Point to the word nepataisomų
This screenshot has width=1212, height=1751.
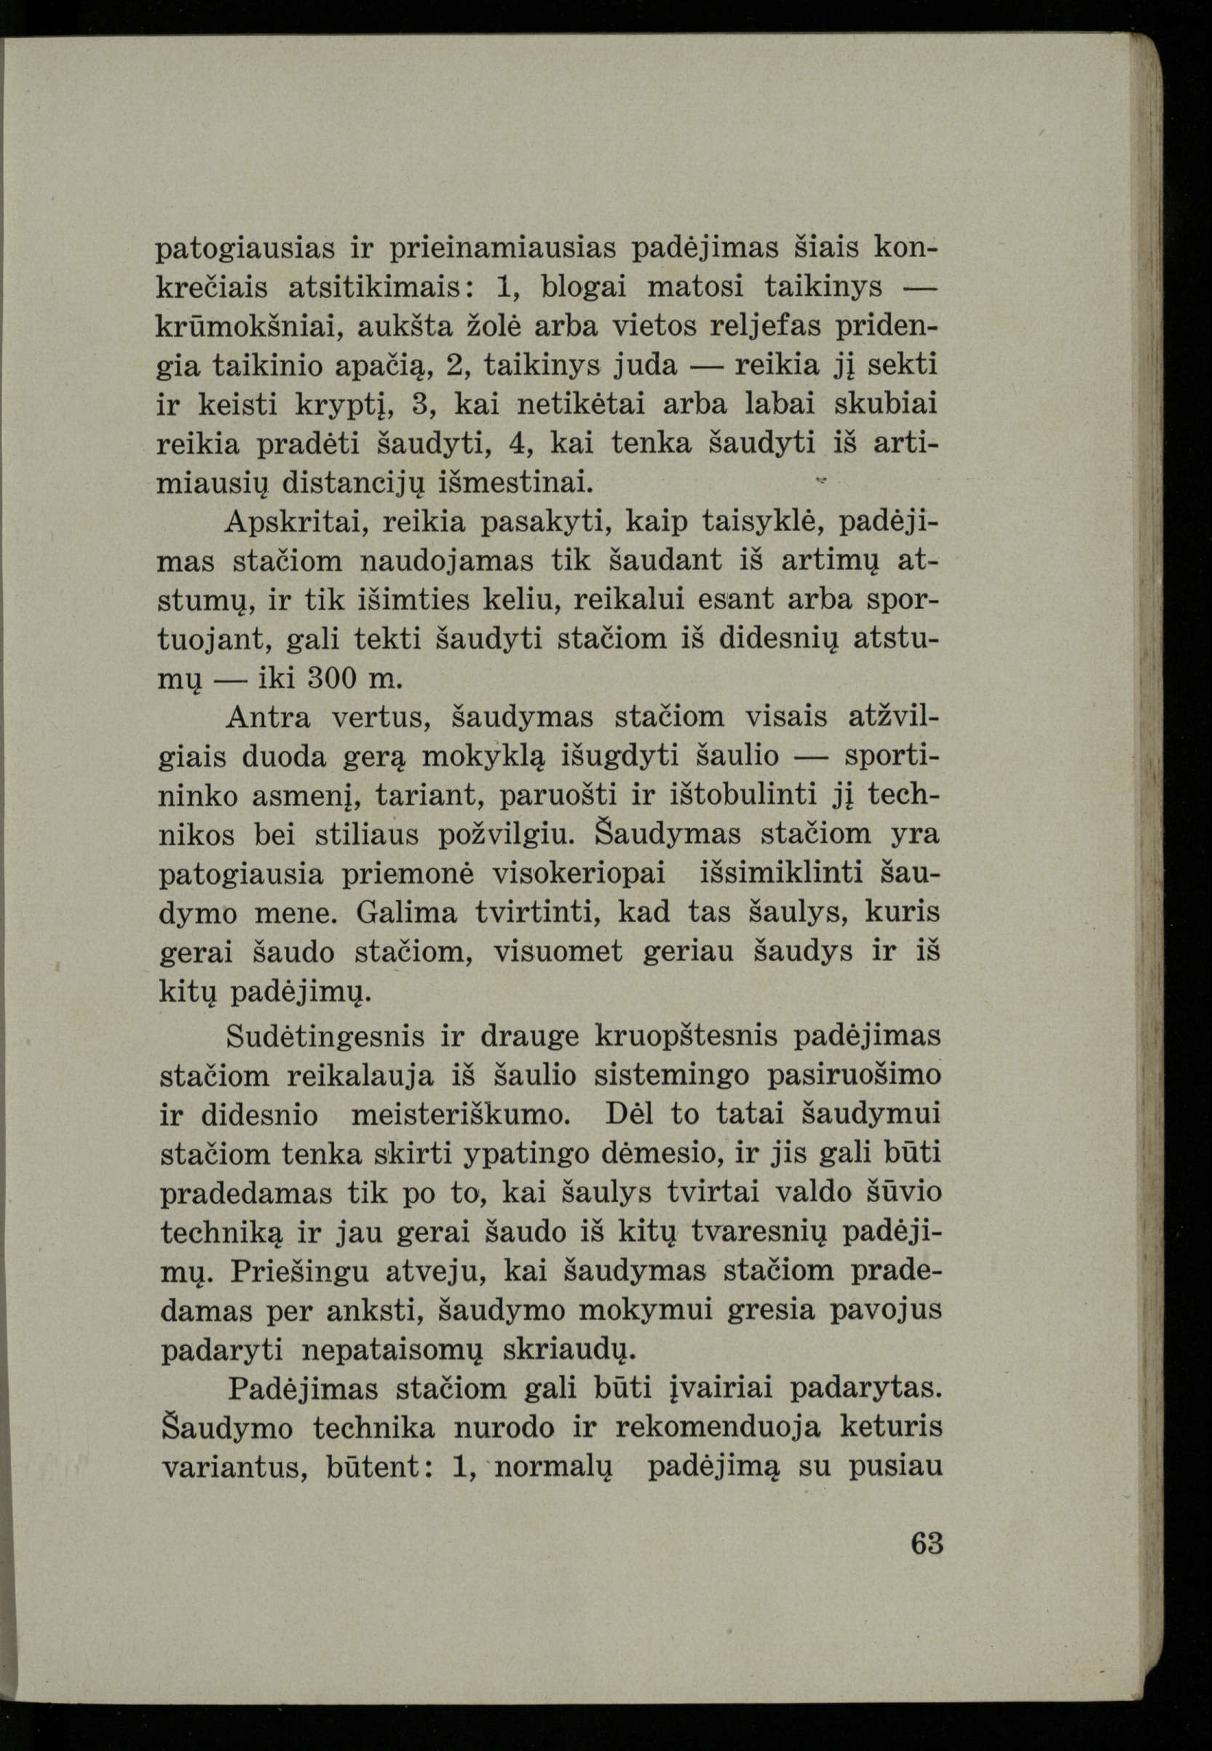click(x=391, y=1349)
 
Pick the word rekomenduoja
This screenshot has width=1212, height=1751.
click(x=717, y=1427)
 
